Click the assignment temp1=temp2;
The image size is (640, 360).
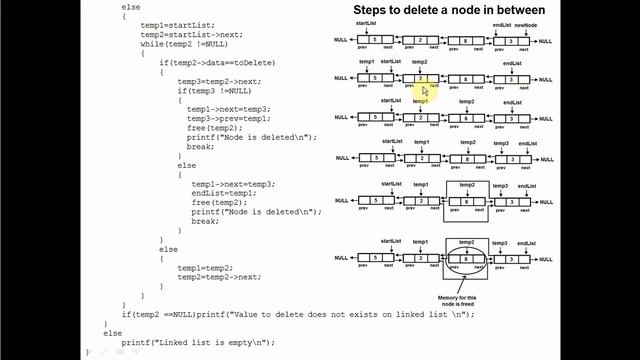click(206, 268)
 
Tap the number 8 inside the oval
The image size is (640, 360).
click(467, 259)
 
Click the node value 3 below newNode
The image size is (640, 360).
click(511, 41)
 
